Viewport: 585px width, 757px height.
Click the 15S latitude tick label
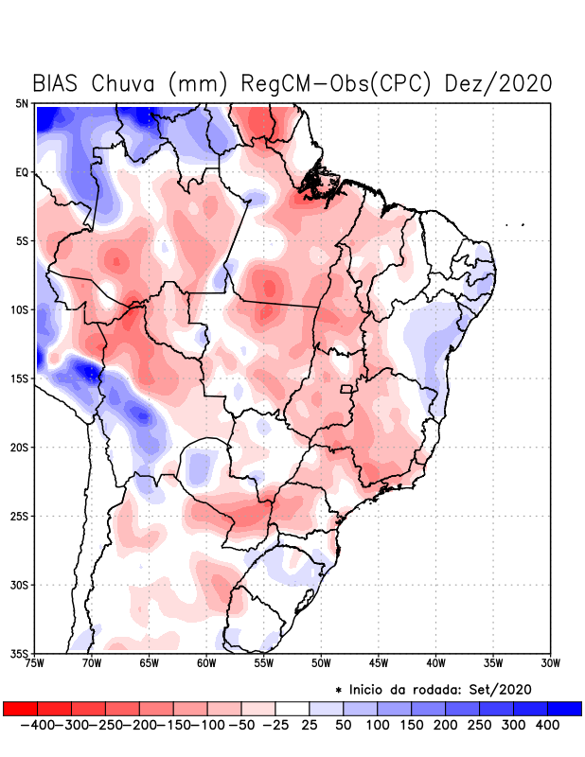(21, 378)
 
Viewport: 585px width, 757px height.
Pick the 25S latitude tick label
(21, 516)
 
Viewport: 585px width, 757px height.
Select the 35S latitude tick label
(21, 653)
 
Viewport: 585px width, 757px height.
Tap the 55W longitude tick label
(264, 663)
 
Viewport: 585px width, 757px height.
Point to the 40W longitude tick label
(436, 663)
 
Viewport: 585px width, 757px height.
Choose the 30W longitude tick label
(551, 663)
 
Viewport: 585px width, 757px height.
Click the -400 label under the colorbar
(35, 725)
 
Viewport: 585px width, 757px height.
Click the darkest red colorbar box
(20, 708)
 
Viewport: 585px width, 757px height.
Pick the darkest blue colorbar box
(564, 708)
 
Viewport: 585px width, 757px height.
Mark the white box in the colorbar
(292, 708)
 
